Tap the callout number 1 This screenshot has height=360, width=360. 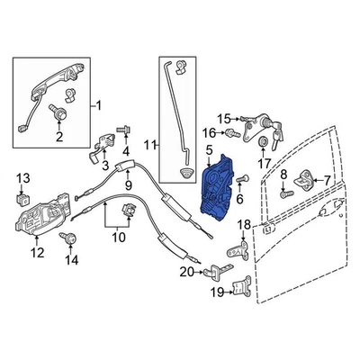[x=98, y=106]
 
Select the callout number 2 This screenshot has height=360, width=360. [x=58, y=137]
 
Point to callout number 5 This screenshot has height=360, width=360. [x=208, y=150]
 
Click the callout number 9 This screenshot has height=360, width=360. [x=128, y=185]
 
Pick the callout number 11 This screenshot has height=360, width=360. [x=150, y=144]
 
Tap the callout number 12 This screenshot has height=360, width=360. [x=37, y=253]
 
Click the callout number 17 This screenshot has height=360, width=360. [x=264, y=164]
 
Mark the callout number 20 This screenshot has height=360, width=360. [x=186, y=269]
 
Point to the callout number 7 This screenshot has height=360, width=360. [x=328, y=182]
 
